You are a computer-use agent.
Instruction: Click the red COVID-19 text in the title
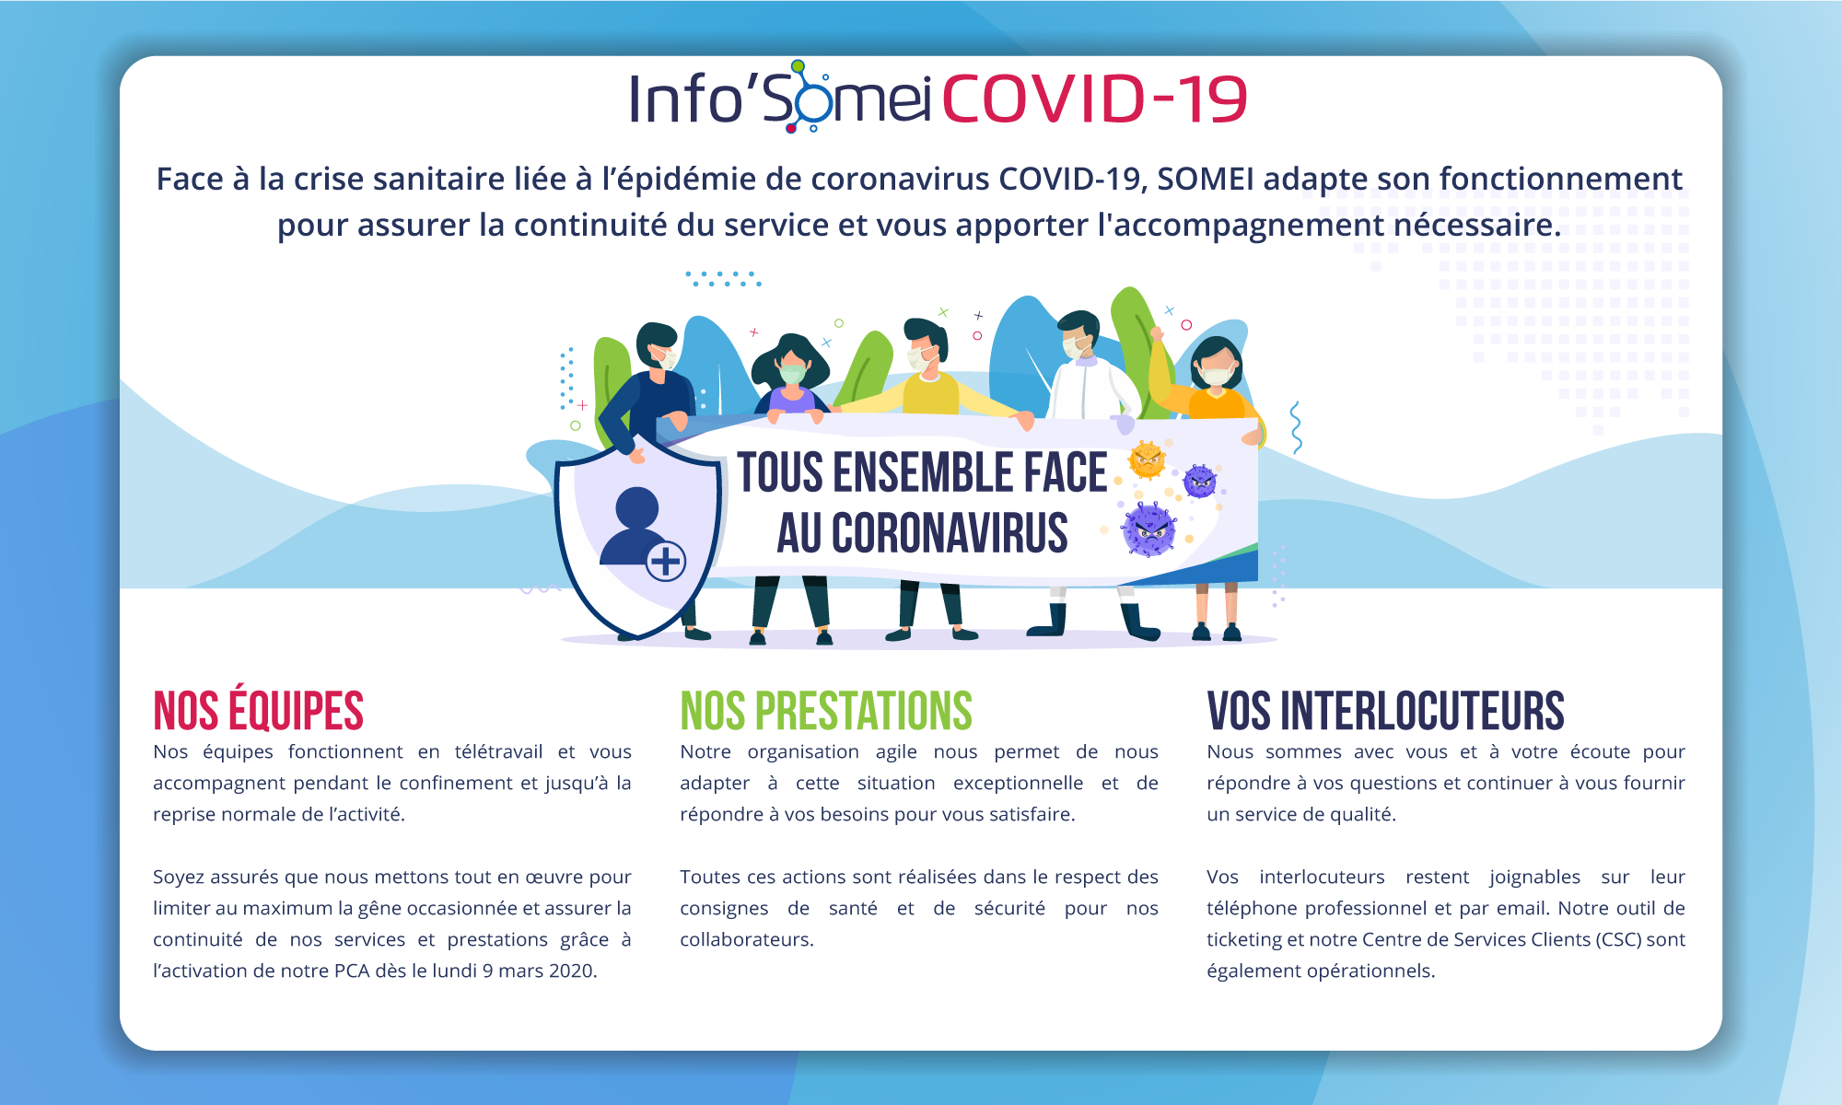pyautogui.click(x=1094, y=99)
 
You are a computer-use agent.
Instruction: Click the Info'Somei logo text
pyautogui.click(x=780, y=97)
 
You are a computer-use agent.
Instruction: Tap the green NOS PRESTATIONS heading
pyautogui.click(x=826, y=712)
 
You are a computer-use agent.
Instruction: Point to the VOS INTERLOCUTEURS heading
pyautogui.click(x=1385, y=712)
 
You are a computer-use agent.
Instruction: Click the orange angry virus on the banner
pyautogui.click(x=1148, y=459)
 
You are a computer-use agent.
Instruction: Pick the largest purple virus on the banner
pyautogui.click(x=1148, y=529)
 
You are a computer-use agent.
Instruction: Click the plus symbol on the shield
pyautogui.click(x=665, y=561)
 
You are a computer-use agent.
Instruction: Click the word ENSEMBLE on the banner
pyautogui.click(x=923, y=472)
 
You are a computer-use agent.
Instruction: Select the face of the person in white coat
pyautogui.click(x=1075, y=342)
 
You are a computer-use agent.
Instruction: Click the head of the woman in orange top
pyautogui.click(x=1216, y=363)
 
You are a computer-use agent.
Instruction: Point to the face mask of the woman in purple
pyautogui.click(x=791, y=374)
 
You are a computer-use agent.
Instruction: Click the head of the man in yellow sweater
pyautogui.click(x=925, y=346)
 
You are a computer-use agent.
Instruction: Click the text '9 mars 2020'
pyautogui.click(x=540, y=971)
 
